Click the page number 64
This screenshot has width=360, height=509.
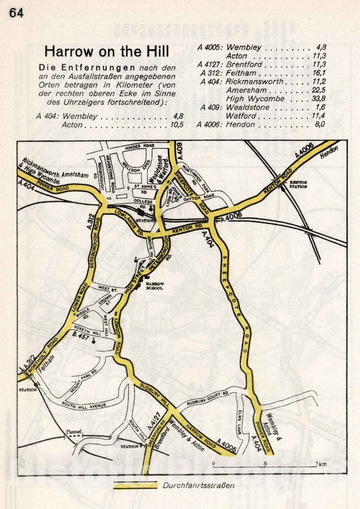[x=16, y=13]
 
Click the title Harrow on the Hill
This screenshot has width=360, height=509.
[x=107, y=52]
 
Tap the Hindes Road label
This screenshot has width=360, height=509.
[x=139, y=147]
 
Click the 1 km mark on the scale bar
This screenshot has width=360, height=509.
[x=321, y=464]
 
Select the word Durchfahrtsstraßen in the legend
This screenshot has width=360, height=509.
[x=198, y=486]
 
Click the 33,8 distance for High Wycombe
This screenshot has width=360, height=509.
[x=317, y=99]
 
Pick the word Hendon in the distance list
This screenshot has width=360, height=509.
[x=240, y=124]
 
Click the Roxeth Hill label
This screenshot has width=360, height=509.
[x=86, y=327]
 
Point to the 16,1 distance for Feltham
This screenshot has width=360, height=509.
[x=317, y=73]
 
